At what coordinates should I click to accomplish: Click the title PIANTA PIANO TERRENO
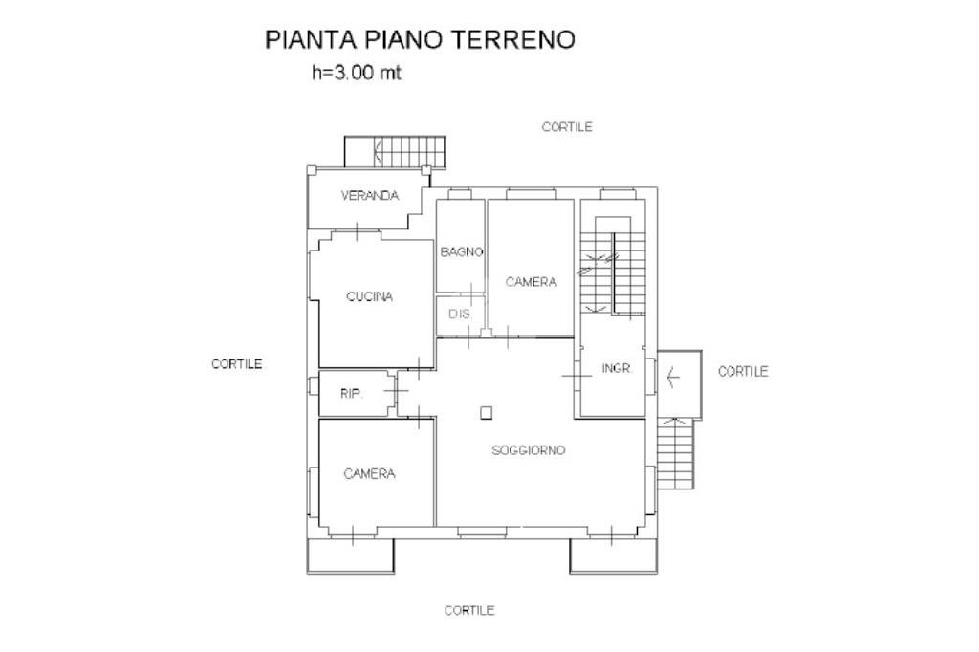coord(420,39)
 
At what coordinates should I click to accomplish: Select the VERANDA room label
coord(369,196)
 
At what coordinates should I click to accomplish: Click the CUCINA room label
coord(369,296)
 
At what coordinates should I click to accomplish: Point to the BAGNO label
coord(461,252)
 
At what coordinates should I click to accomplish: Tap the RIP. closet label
coord(352,394)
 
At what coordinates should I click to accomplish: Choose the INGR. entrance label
coord(617,368)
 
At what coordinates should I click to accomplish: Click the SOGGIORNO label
coord(529,449)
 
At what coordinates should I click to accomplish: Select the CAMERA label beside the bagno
coord(531,282)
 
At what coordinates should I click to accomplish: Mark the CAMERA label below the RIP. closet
coord(369,473)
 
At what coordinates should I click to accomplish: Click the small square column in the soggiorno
coord(487,413)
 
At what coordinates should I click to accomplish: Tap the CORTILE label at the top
coord(567,126)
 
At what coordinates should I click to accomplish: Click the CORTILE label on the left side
coord(236,363)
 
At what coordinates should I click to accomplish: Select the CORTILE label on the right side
coord(742,371)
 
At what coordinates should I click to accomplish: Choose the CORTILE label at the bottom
coord(469,610)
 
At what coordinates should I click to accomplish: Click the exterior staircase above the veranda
coord(408,150)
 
